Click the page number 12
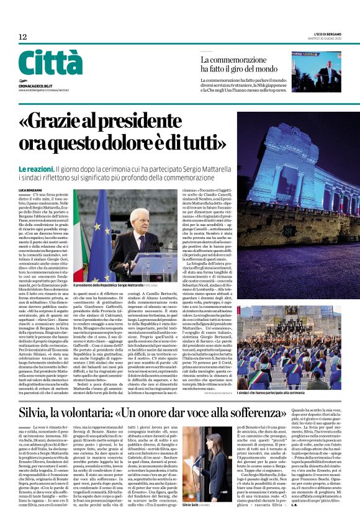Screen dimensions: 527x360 coord(22,37)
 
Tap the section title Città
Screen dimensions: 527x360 coord(50,63)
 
